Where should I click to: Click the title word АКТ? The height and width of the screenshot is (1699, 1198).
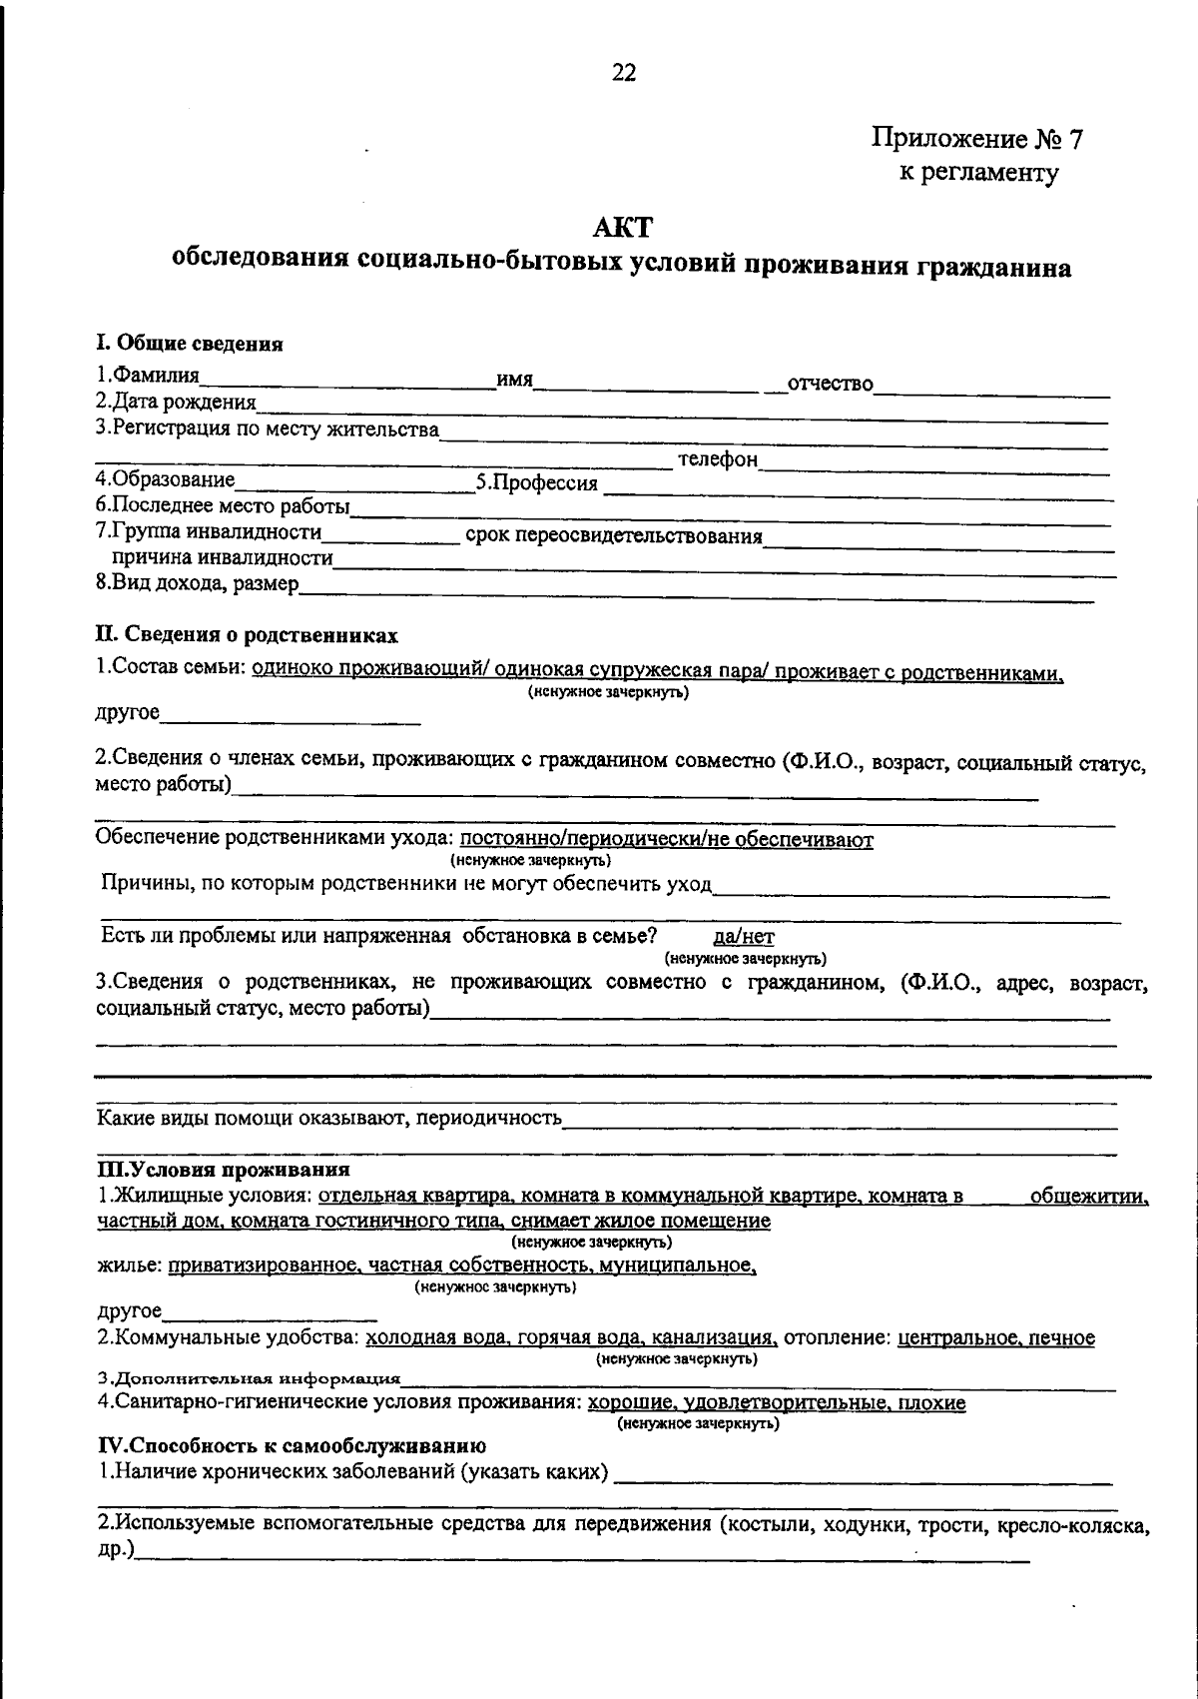pyautogui.click(x=622, y=229)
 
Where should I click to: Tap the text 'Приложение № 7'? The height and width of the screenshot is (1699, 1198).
pyautogui.click(x=977, y=139)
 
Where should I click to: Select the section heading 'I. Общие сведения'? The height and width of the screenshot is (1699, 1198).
pyautogui.click(x=190, y=345)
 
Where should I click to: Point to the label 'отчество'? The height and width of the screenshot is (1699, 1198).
pyautogui.click(x=830, y=385)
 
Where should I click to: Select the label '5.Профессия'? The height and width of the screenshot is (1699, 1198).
pyautogui.click(x=536, y=484)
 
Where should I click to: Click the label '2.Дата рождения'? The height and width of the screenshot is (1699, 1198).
pyautogui.click(x=176, y=403)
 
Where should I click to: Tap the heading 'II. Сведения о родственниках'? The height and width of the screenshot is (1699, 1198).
pyautogui.click(x=247, y=635)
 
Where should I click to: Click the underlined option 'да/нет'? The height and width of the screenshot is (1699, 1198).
pyautogui.click(x=744, y=937)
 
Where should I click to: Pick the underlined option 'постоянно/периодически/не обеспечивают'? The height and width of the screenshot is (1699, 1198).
pyautogui.click(x=667, y=840)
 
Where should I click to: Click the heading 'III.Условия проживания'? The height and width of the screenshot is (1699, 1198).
pyautogui.click(x=223, y=1170)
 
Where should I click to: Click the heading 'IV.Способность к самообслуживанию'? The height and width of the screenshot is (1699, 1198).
pyautogui.click(x=291, y=1445)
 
